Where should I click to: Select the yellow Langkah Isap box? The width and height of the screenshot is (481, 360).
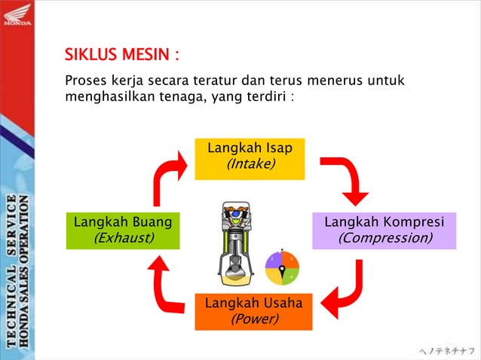coord(250,158)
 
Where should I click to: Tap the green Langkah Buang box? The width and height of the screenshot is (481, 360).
coord(123,230)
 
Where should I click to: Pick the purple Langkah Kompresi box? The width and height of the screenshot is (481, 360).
coord(384,230)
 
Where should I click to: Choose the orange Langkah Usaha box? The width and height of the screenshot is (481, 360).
coord(253,310)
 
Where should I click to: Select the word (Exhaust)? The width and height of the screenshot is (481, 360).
coord(123,238)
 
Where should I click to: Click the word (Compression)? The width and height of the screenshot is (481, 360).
coord(384,238)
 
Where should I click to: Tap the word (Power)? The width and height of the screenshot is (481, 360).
coord(254,319)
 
